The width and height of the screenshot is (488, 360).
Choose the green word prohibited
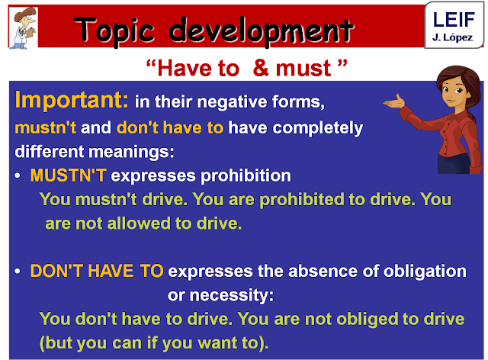[x=255, y=200]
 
